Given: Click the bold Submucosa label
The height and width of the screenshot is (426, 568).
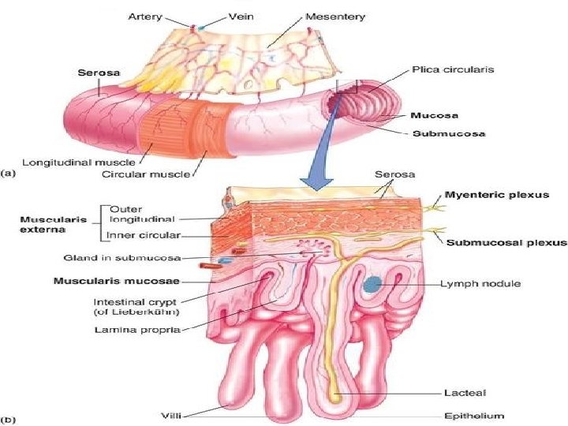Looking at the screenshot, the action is (451, 133).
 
